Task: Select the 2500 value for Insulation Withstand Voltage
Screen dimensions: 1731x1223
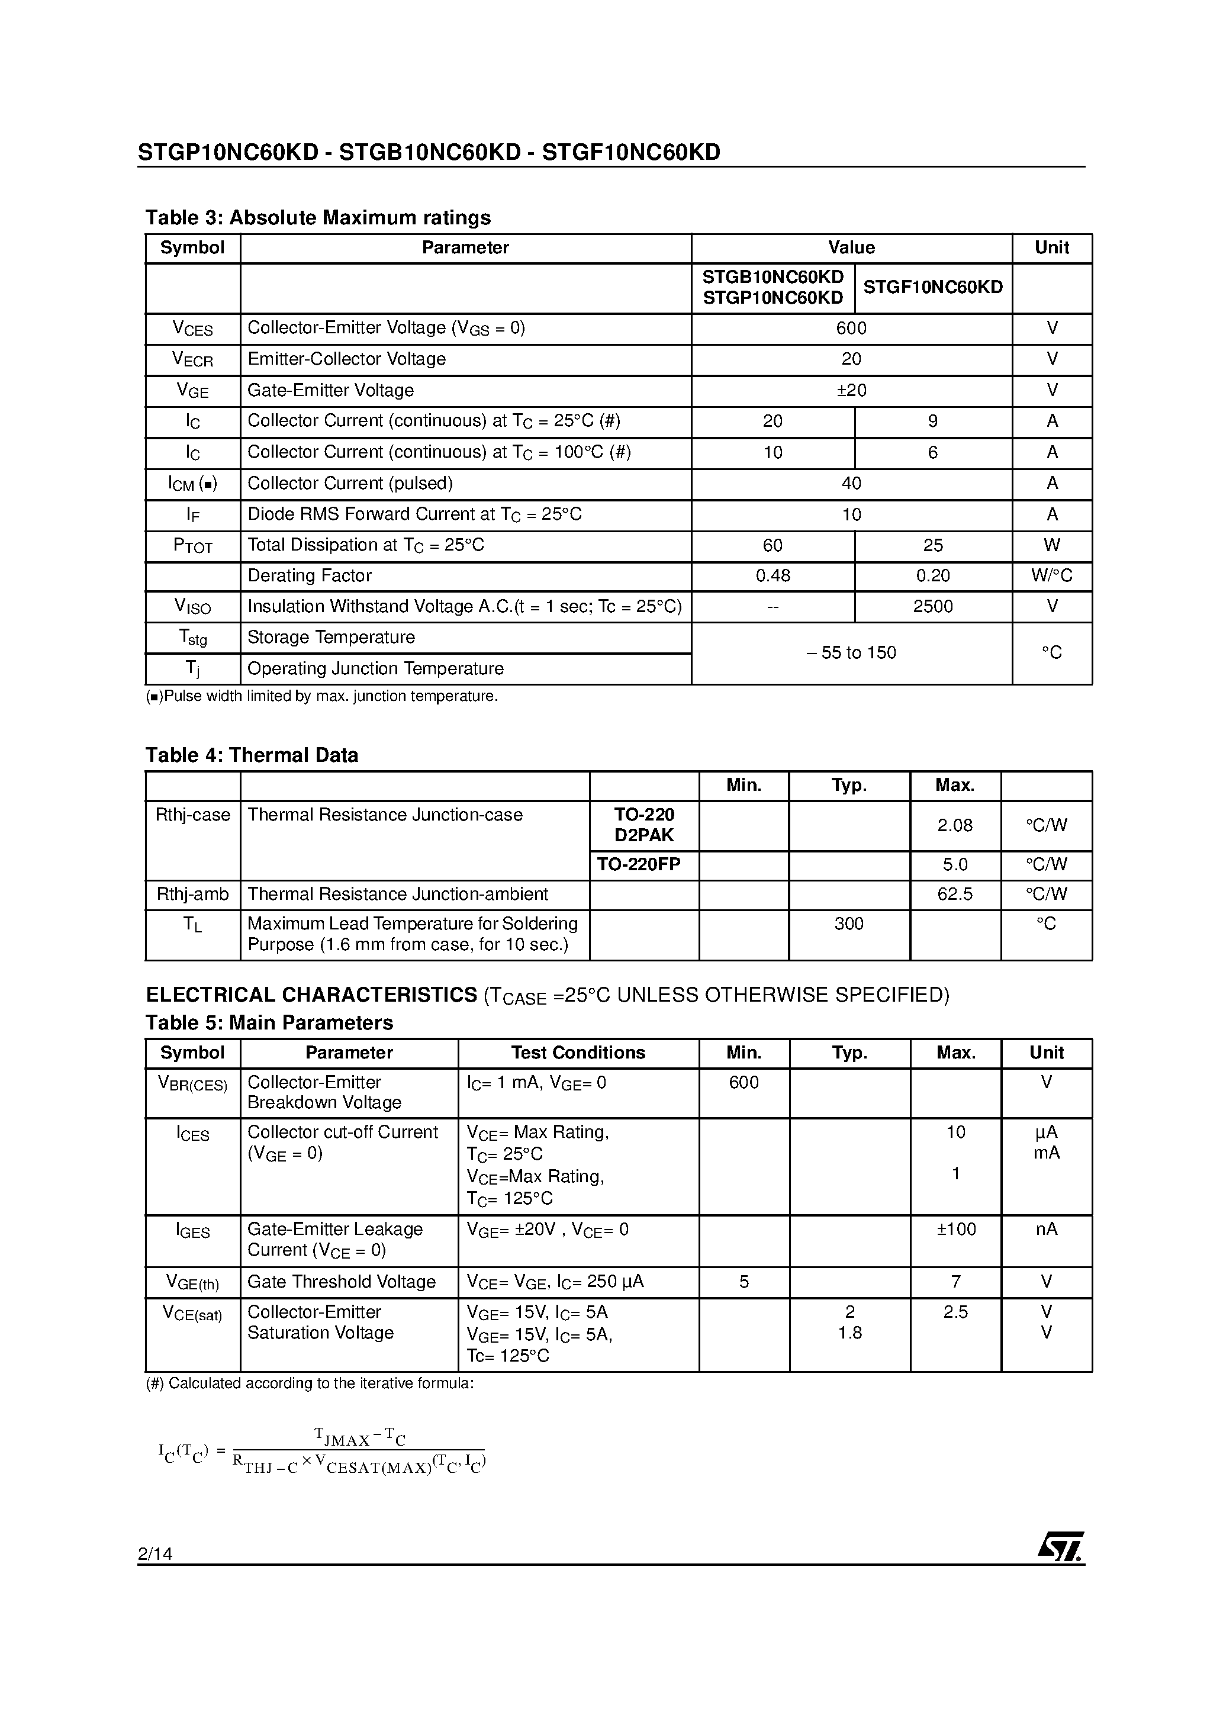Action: pos(933,606)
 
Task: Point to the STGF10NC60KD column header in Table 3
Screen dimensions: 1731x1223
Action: pos(933,287)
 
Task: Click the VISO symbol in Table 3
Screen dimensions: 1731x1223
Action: pos(192,606)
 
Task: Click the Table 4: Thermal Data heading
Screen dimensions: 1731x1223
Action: pos(251,755)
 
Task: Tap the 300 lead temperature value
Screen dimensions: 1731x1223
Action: pos(849,924)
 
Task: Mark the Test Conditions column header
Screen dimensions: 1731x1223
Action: pos(578,1053)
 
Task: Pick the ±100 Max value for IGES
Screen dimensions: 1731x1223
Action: pos(955,1229)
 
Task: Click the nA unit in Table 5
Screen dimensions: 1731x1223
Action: pos(1046,1229)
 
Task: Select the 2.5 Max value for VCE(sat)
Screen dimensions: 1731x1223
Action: pos(955,1312)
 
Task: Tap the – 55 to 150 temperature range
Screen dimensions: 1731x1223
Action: pos(851,653)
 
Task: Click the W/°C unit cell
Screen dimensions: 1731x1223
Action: pos(1051,576)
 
